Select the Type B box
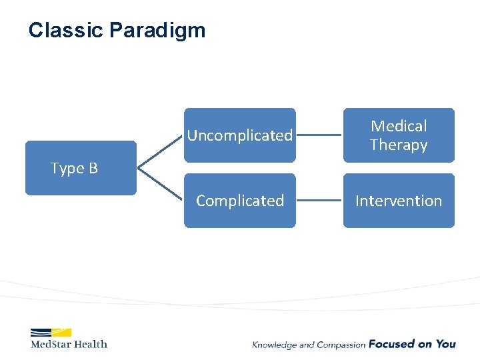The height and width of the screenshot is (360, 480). [81, 168]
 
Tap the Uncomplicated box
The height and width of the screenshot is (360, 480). [239, 135]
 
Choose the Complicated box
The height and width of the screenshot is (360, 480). [239, 201]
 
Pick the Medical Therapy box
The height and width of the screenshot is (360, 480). [399, 135]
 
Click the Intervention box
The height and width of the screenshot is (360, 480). [399, 201]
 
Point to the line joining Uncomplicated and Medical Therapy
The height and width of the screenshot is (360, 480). [319, 135]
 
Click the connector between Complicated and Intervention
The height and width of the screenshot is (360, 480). [319, 201]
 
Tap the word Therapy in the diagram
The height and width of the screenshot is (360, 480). [399, 145]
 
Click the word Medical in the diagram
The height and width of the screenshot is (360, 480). [399, 126]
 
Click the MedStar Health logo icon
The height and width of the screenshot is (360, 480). [51, 332]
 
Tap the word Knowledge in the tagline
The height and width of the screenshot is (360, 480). [275, 345]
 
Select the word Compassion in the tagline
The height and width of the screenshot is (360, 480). [341, 345]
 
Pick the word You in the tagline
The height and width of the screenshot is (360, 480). [446, 344]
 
